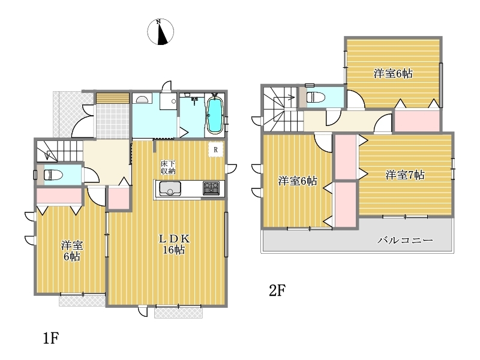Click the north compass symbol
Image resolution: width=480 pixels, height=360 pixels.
(x=160, y=32)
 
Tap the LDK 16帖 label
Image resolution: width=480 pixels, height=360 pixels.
(x=174, y=244)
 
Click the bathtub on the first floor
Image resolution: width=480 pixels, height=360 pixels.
(x=215, y=115)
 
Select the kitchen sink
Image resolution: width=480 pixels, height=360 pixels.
(x=170, y=188)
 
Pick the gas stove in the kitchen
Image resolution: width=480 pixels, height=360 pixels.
(x=211, y=188)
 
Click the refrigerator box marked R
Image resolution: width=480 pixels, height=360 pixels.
(x=216, y=149)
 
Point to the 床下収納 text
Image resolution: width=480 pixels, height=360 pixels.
(x=168, y=167)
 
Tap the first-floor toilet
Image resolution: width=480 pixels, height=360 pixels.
(x=53, y=175)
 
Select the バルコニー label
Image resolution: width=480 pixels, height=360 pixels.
(x=405, y=241)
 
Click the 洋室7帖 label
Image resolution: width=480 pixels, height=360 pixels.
(x=404, y=175)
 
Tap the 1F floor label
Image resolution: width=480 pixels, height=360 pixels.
(x=51, y=338)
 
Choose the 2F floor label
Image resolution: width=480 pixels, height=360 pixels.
(x=277, y=290)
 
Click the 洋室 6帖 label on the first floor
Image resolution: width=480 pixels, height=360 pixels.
(x=72, y=251)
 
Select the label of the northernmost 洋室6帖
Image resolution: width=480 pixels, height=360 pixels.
(x=393, y=73)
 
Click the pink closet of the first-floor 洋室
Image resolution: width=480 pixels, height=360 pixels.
(x=59, y=196)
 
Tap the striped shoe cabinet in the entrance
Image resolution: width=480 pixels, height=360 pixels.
(x=113, y=98)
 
